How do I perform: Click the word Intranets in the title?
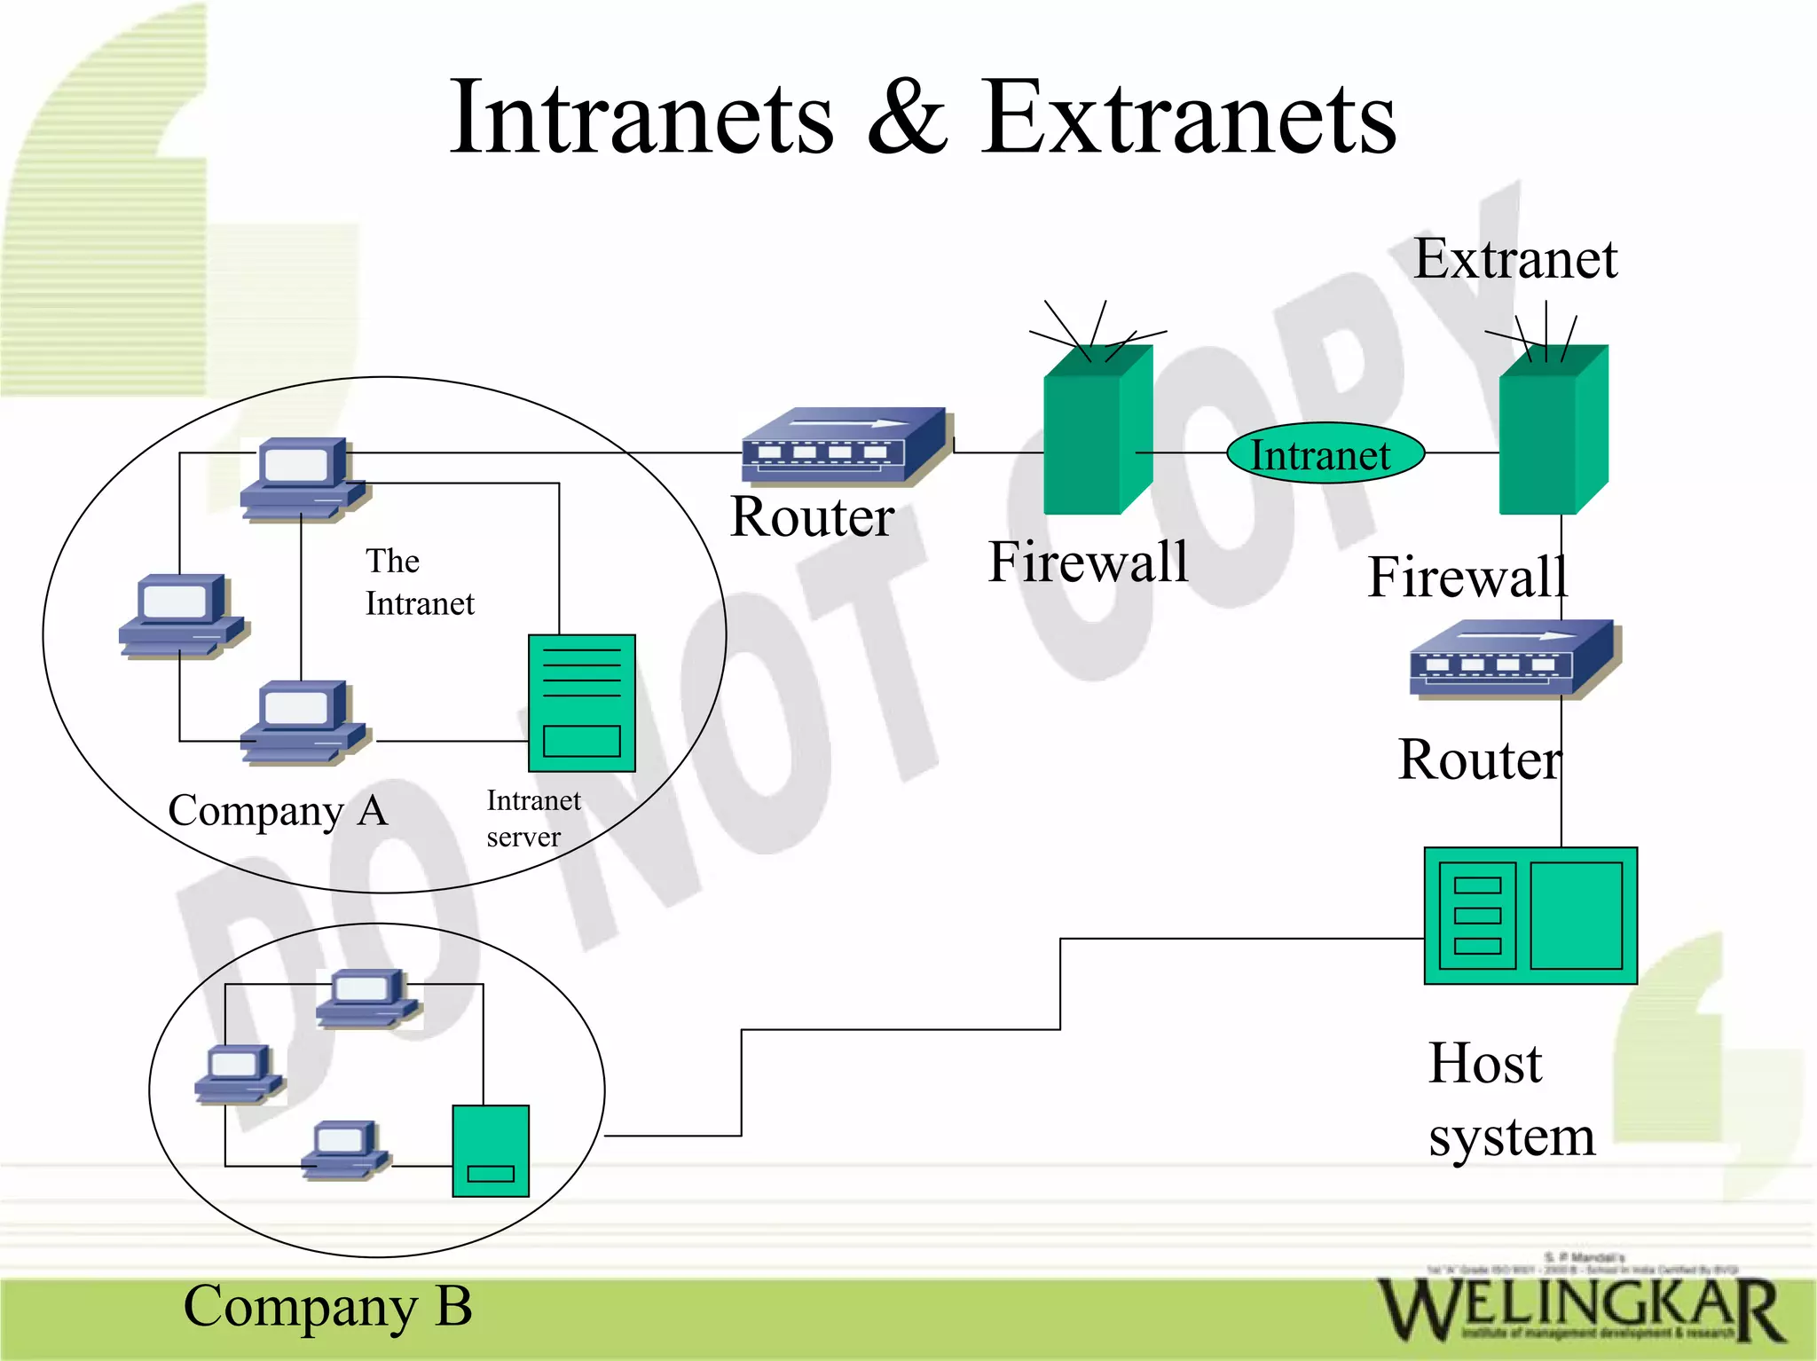tap(641, 118)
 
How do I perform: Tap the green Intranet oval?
tap(1325, 453)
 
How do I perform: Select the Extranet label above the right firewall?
tap(1514, 259)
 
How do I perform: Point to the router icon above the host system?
tap(1512, 658)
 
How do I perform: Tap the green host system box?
tap(1530, 916)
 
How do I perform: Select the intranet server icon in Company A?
tap(581, 703)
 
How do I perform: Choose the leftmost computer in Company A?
tap(183, 616)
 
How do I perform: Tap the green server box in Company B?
tap(491, 1151)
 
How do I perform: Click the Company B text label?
tap(327, 1306)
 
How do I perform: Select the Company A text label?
tap(278, 810)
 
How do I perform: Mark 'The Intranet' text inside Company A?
tap(419, 582)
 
